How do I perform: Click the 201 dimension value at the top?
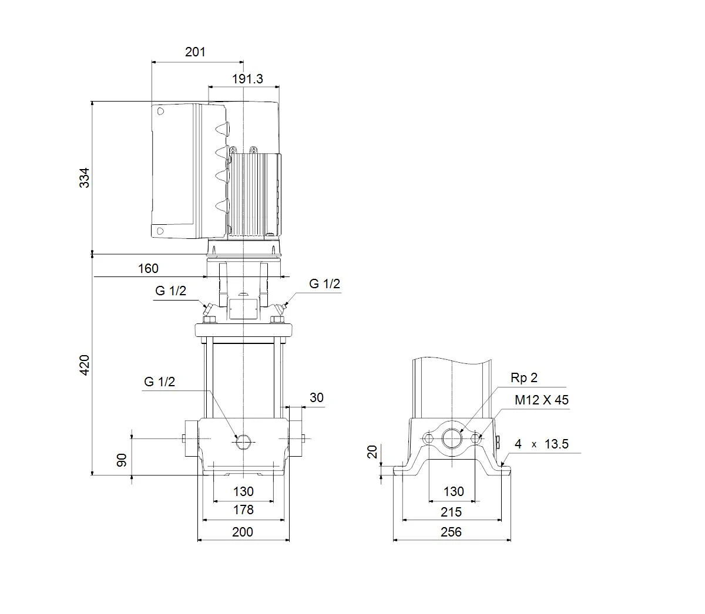tap(195, 52)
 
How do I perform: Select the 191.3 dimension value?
tap(247, 79)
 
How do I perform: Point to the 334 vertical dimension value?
tap(85, 178)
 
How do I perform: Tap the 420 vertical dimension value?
tap(85, 365)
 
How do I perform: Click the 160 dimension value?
tap(148, 268)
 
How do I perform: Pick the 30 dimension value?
tap(316, 398)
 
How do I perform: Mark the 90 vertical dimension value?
tap(122, 460)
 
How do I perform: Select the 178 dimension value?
tap(243, 510)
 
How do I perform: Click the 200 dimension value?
tap(243, 532)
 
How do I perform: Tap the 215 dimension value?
tap(451, 512)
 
